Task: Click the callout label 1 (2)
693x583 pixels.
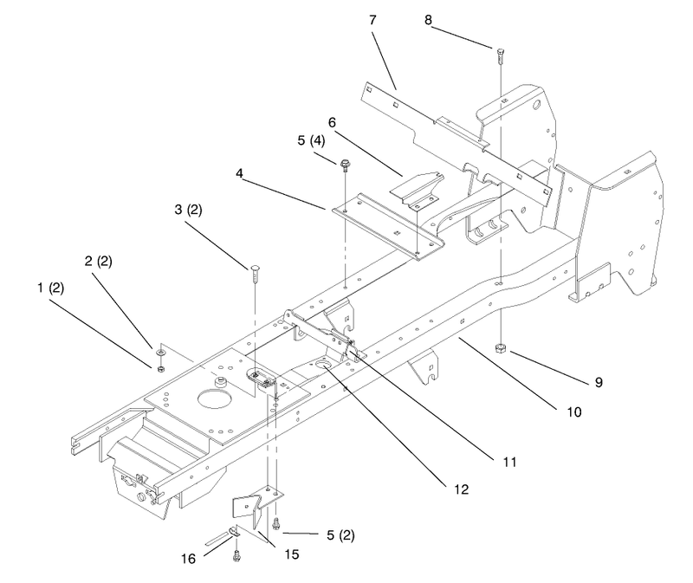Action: point(51,288)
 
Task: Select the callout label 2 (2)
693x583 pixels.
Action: point(98,262)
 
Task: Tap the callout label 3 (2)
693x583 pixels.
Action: point(188,210)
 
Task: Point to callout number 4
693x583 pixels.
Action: point(239,173)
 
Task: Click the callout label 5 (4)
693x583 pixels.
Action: point(311,140)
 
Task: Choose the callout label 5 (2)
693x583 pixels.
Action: point(340,535)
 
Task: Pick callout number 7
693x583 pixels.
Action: point(372,20)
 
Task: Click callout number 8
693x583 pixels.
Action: point(428,20)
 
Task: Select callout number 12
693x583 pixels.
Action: point(461,489)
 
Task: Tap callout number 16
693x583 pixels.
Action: point(188,559)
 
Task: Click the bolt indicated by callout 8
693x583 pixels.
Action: point(501,55)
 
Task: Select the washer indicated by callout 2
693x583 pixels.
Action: point(161,353)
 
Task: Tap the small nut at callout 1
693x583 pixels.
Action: point(161,368)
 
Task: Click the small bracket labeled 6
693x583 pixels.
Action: point(418,189)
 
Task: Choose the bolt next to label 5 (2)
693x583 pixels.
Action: point(276,522)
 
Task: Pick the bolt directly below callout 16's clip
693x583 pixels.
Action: point(236,555)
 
